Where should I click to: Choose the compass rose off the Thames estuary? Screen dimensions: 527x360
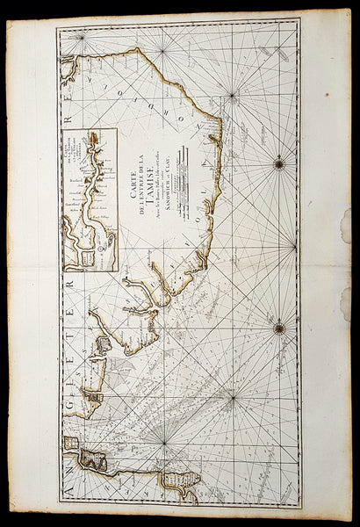[x=278, y=328]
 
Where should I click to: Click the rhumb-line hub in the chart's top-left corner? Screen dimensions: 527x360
[x=80, y=36]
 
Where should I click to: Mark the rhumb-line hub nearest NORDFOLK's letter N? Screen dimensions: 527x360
[x=232, y=93]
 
